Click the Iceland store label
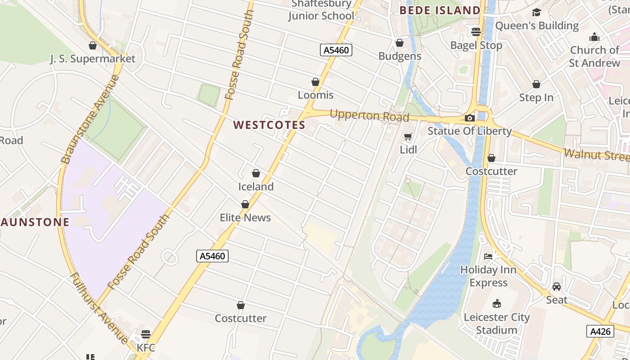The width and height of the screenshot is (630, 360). click(x=256, y=186)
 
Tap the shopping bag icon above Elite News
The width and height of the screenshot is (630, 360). click(x=245, y=205)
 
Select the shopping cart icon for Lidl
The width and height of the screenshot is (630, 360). click(x=408, y=137)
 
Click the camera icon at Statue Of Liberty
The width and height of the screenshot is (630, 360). click(x=469, y=118)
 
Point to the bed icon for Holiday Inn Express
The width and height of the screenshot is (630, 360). click(x=488, y=256)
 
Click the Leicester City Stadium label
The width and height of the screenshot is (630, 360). click(x=497, y=324)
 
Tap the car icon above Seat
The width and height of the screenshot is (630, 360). click(x=557, y=287)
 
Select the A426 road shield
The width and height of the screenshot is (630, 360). click(x=600, y=332)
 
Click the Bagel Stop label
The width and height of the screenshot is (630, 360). click(x=476, y=45)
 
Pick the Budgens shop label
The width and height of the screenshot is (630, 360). click(x=400, y=56)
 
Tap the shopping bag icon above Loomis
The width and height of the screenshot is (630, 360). click(x=315, y=82)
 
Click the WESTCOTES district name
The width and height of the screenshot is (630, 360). click(x=270, y=125)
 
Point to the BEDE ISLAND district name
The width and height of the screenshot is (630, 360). click(x=440, y=10)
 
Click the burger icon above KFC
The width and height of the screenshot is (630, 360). click(x=145, y=334)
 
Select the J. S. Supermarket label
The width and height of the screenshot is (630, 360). click(x=92, y=59)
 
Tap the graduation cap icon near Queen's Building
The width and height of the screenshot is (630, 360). click(x=536, y=13)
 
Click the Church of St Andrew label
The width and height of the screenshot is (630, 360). click(x=594, y=56)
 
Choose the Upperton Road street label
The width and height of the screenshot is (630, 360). click(x=369, y=116)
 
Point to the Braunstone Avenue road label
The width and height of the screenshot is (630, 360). click(x=90, y=119)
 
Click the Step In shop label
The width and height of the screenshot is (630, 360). click(x=536, y=98)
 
